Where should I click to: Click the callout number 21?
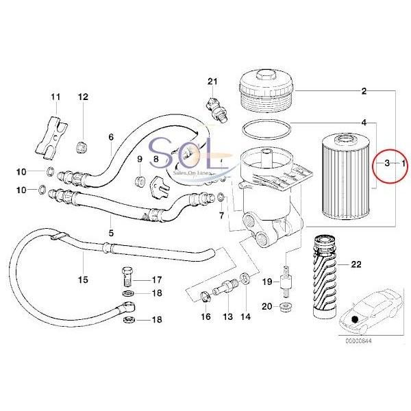point(212,83)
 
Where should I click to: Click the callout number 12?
point(83,97)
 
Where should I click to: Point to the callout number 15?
point(83,279)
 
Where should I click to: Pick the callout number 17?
point(156,279)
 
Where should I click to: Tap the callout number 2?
point(364,91)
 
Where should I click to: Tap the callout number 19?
point(267,282)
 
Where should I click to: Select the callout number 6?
point(110,137)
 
